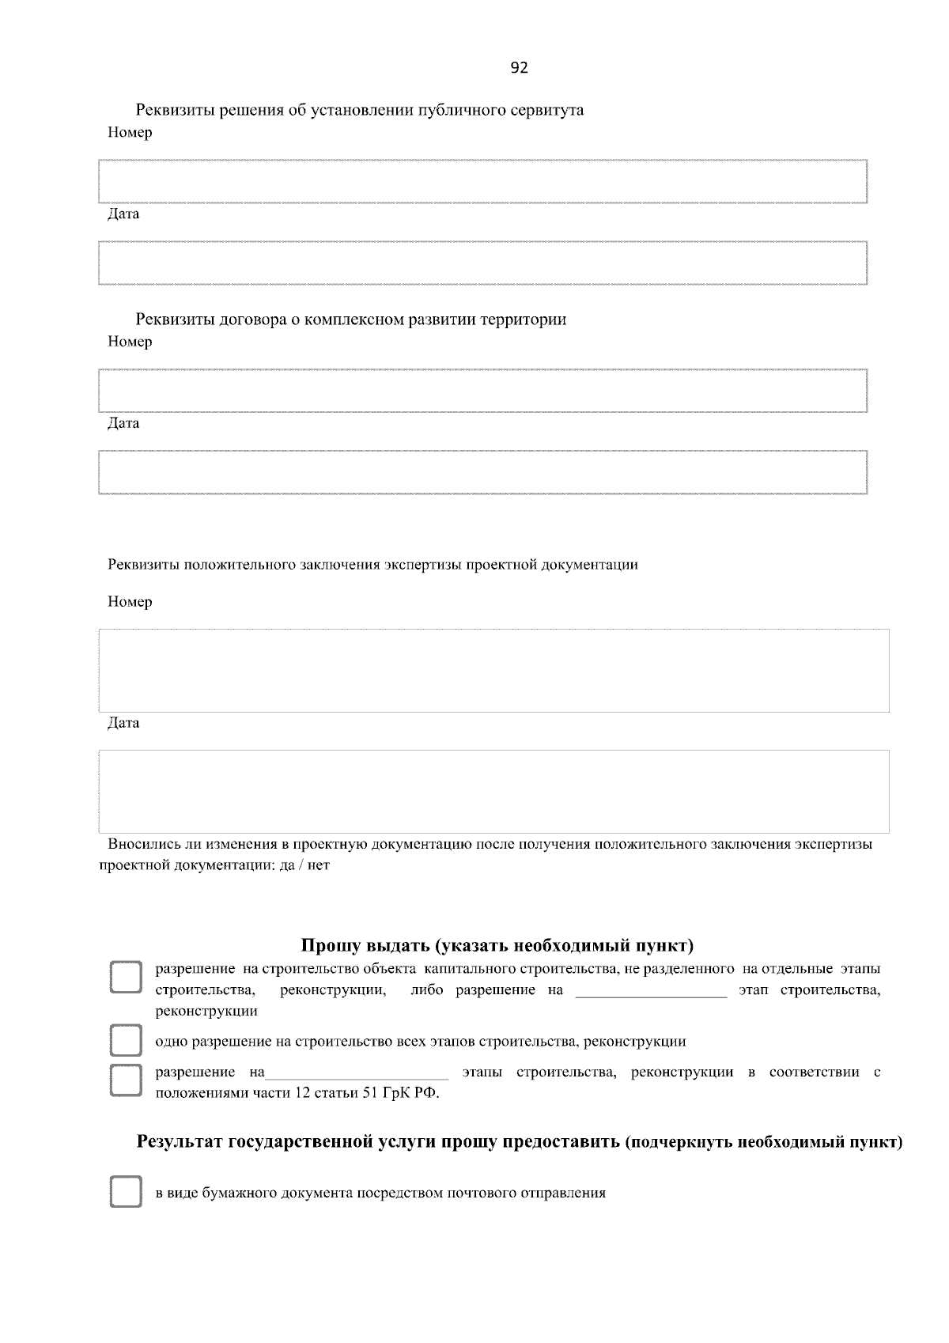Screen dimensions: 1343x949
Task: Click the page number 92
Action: pos(520,68)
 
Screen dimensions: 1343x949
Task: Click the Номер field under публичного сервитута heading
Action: pos(482,181)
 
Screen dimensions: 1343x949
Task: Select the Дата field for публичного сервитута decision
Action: pos(482,263)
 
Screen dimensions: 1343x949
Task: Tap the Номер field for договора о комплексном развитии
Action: pos(482,390)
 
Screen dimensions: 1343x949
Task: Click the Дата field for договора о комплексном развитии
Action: pos(482,472)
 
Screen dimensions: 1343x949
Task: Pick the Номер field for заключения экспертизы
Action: pos(493,670)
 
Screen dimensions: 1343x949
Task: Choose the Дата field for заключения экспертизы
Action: pos(493,791)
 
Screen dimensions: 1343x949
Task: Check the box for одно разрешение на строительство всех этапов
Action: pos(125,1041)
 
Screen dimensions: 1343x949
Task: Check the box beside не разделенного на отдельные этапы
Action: pos(125,978)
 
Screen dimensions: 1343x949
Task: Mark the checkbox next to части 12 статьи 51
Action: pos(125,1080)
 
